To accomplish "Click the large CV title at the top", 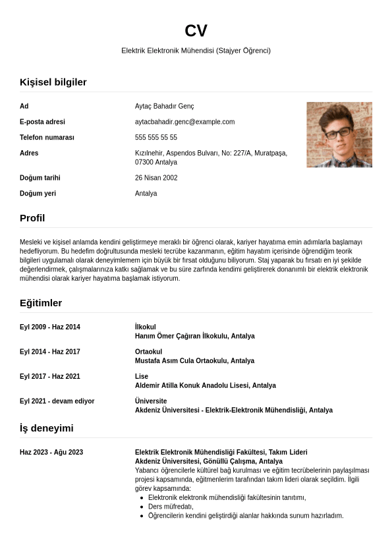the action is (x=196, y=31).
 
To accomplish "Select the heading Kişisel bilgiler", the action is (x=53, y=82).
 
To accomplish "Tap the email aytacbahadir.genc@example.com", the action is (x=184, y=122).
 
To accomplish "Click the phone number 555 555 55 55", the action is (x=156, y=138).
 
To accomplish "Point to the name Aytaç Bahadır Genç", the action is (x=164, y=106).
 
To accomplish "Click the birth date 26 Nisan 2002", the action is (x=156, y=178).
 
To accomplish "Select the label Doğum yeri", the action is (x=38, y=194).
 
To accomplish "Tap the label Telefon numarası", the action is (x=47, y=138).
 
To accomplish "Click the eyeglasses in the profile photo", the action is (x=338, y=133).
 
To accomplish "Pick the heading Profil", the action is (x=32, y=218).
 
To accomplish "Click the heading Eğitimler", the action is (x=41, y=303).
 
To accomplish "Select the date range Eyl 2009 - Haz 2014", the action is (x=50, y=327).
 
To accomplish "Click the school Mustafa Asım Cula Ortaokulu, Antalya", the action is (x=194, y=361).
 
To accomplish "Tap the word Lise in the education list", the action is (x=142, y=376).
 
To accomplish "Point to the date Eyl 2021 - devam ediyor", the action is (x=57, y=401).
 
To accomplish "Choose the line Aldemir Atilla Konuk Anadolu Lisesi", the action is (x=205, y=385).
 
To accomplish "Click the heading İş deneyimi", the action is (x=46, y=428).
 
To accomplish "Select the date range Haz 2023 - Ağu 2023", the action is (x=51, y=453).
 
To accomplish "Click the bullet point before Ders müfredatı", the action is (x=142, y=507).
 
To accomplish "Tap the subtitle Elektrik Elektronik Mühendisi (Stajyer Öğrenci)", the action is (x=196, y=51).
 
